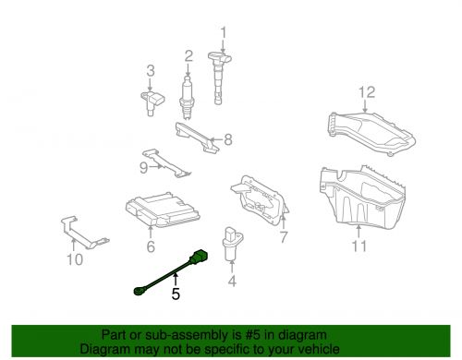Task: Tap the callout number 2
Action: (x=188, y=55)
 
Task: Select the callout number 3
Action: (x=150, y=70)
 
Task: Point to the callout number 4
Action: (x=232, y=280)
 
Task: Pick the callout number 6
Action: (x=151, y=246)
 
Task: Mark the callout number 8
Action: (x=227, y=141)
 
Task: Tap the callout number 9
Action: (x=143, y=167)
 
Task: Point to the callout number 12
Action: (x=367, y=91)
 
